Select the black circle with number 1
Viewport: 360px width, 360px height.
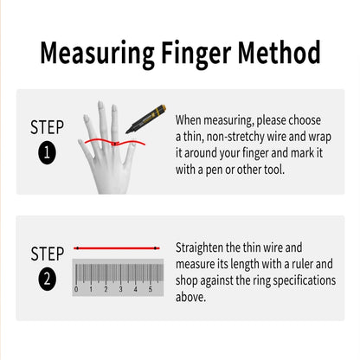pos(47,156)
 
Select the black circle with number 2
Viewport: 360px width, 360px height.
pos(47,280)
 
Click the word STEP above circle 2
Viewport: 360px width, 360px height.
pos(47,254)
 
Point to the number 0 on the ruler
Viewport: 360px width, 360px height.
pos(76,291)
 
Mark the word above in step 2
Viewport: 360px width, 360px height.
pos(191,297)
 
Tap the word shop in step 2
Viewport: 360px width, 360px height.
pos(190,280)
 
